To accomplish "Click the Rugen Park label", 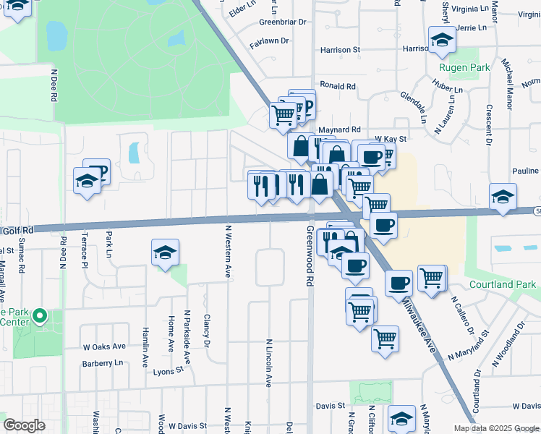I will (464, 68).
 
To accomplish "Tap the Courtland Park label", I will (502, 284).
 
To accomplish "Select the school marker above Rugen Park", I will (441, 41).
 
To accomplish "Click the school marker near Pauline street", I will (503, 197).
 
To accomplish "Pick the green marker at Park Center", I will (40, 316).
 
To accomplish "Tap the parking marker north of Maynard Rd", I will (304, 105).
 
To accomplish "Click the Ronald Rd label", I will (338, 85).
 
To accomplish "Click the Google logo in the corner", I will (24, 425).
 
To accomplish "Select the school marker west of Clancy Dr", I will (166, 253).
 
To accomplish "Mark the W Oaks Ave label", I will (104, 346).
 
